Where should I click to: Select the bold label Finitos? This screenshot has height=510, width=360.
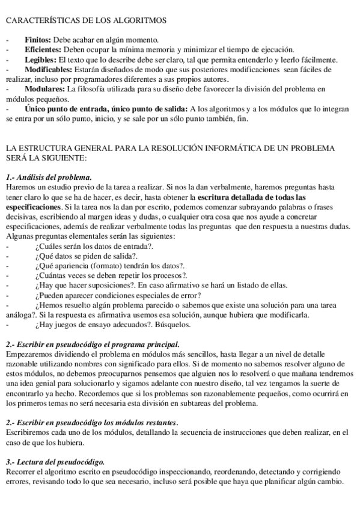(x=38, y=39)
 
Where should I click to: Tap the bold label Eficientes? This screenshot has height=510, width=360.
(x=44, y=49)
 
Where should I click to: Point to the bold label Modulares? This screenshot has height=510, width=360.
(x=44, y=89)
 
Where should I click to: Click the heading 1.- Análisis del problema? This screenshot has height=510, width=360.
(x=49, y=177)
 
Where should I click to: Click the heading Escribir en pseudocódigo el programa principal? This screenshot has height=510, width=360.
(x=96, y=345)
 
